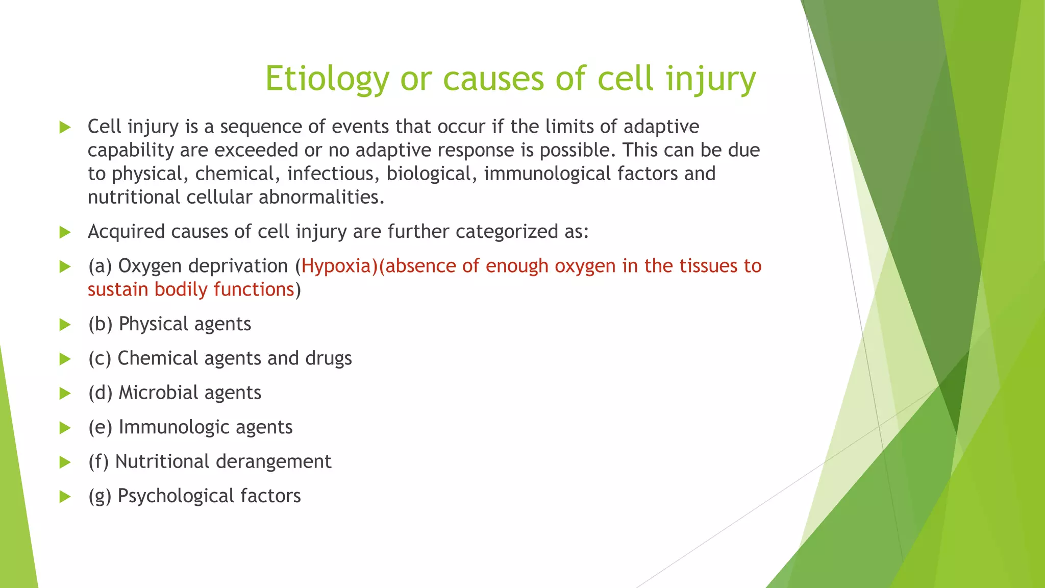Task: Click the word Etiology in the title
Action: tap(327, 79)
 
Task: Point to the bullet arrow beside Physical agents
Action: tap(65, 325)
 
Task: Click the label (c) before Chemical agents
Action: tap(99, 358)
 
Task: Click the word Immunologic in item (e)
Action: tap(173, 427)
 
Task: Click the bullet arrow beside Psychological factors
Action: tap(65, 496)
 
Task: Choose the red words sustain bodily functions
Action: tap(191, 289)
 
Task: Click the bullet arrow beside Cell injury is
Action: tap(65, 127)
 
